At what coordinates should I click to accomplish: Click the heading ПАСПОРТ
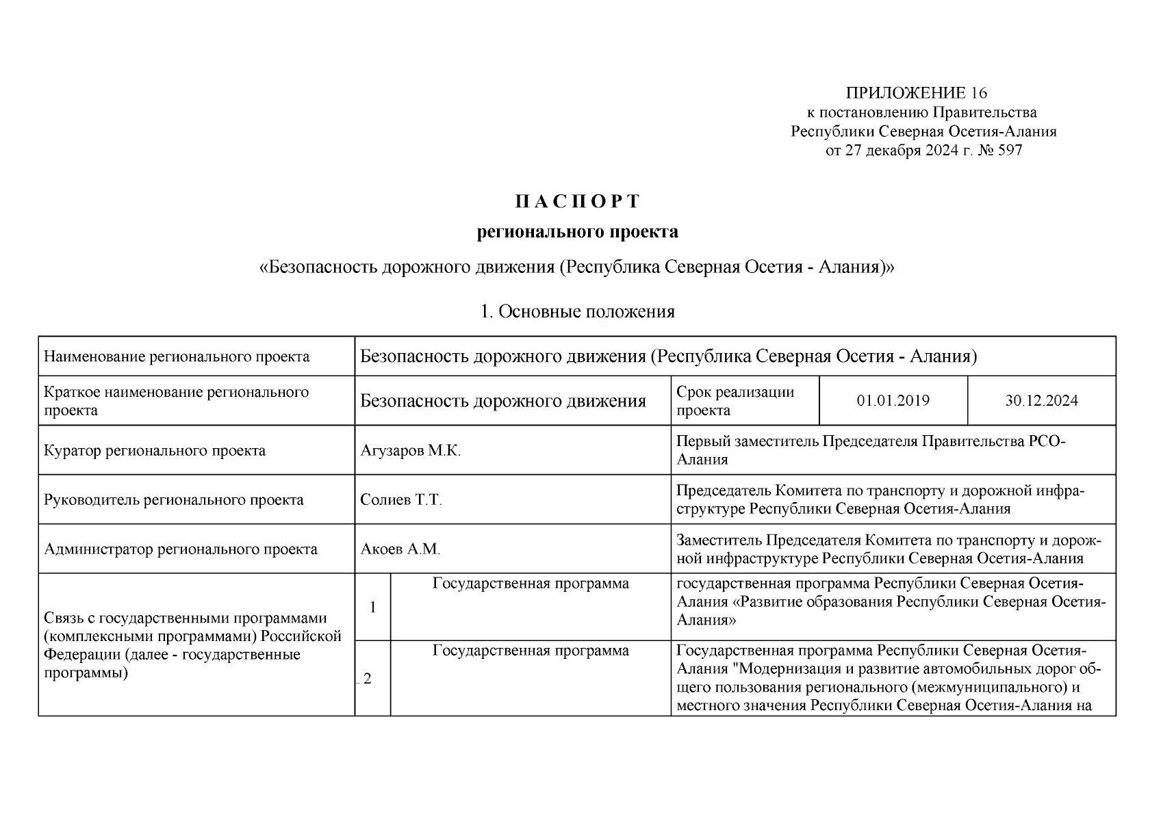577,202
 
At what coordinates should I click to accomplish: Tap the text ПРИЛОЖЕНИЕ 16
917,93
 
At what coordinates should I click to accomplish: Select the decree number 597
1010,151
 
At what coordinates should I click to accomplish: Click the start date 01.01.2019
893,401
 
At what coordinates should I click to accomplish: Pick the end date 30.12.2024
1041,401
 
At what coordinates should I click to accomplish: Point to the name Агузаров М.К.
411,451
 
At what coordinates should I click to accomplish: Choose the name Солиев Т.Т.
401,500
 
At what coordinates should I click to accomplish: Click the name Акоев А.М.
400,549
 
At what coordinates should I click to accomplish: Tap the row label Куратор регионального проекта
155,451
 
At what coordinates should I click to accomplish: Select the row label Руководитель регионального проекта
174,500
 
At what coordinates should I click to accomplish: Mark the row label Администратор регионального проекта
181,549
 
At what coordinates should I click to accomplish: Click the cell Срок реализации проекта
735,401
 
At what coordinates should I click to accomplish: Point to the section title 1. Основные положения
577,312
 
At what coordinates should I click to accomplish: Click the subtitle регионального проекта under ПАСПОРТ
577,233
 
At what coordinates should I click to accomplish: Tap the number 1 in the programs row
372,607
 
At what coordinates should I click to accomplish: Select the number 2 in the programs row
368,679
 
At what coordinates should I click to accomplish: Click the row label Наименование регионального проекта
177,356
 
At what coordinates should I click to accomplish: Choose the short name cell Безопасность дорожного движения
503,401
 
